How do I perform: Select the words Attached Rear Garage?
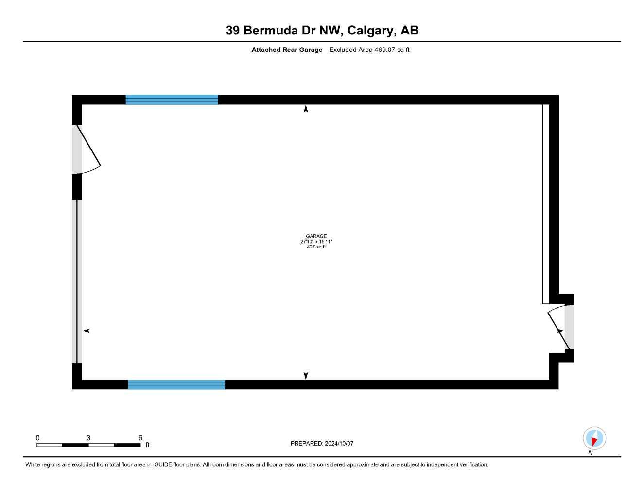click(x=287, y=50)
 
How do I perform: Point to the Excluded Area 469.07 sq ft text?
click(x=369, y=50)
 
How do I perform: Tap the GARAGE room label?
click(x=316, y=236)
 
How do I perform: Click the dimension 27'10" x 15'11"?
click(x=316, y=242)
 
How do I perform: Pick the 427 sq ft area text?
click(x=316, y=247)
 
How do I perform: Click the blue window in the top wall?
click(x=172, y=99)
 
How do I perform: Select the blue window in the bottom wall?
click(x=176, y=384)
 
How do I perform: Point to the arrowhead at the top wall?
click(x=306, y=109)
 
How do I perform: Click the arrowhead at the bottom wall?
click(x=306, y=376)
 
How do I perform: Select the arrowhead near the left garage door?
click(x=86, y=331)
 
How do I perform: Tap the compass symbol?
click(x=594, y=438)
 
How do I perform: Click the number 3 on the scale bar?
click(x=88, y=438)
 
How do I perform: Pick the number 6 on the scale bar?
click(x=140, y=438)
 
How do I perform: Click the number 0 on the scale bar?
click(x=37, y=438)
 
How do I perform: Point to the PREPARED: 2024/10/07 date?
click(x=322, y=443)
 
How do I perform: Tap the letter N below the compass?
click(x=591, y=452)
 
